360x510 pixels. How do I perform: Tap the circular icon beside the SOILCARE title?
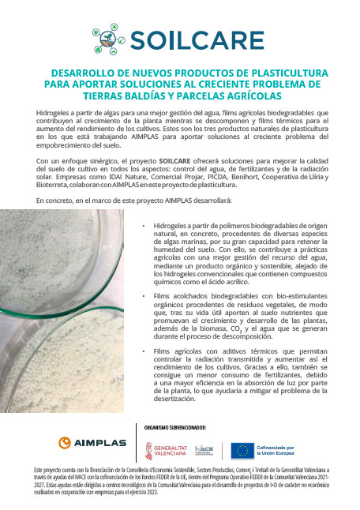click(x=109, y=37)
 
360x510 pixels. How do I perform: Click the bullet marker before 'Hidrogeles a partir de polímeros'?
click(x=144, y=226)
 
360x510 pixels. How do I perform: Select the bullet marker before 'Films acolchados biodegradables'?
click(x=144, y=295)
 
